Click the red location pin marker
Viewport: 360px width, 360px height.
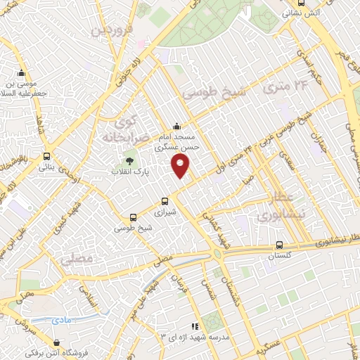coord(181,166)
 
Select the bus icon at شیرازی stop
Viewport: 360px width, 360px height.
coord(166,200)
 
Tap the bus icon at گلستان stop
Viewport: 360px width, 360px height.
coord(280,245)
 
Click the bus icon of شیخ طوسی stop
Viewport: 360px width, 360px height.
coord(133,217)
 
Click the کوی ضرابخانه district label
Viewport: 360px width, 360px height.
coord(127,129)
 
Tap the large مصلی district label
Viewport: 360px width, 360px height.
coord(77,259)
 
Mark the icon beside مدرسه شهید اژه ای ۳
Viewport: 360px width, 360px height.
coord(195,326)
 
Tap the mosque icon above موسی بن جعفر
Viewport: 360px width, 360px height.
coord(22,72)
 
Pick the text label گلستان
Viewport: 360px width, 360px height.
coord(280,257)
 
